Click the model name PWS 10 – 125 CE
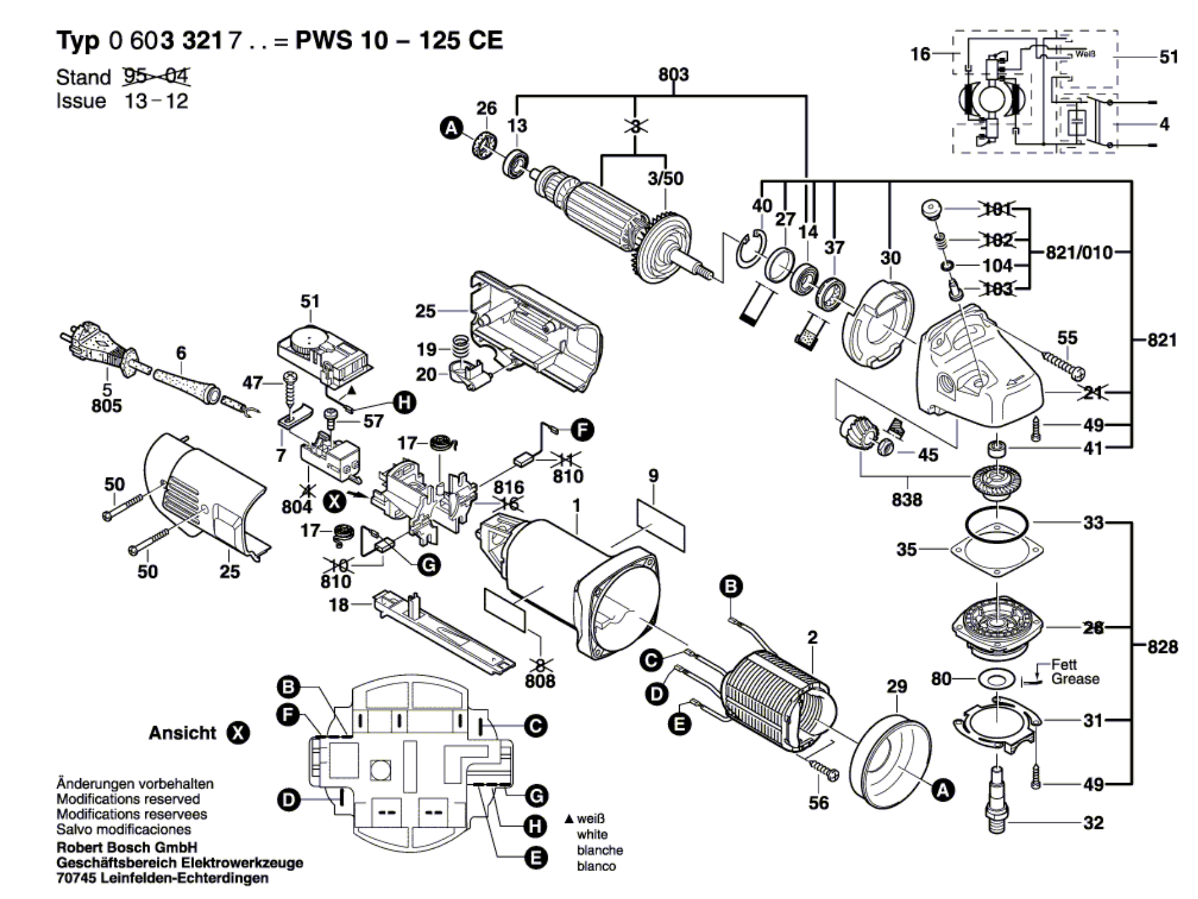tap(398, 41)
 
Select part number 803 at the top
tap(673, 74)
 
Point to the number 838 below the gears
tap(907, 500)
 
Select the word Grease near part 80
tap(1075, 679)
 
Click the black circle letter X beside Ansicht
tap(238, 733)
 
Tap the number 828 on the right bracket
tap(1162, 646)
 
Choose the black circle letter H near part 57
tap(404, 402)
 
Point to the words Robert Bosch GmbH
tap(127, 848)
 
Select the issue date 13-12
tap(156, 101)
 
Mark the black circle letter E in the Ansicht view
tap(535, 858)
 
